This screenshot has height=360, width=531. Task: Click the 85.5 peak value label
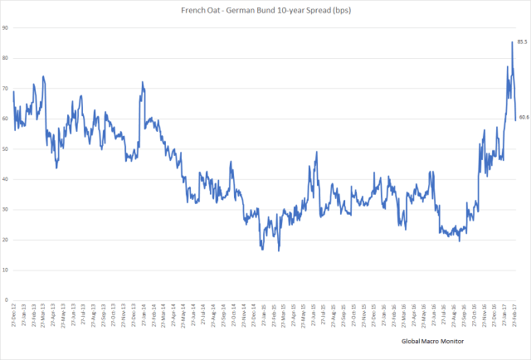[x=523, y=41]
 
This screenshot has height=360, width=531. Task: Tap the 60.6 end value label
[x=524, y=118]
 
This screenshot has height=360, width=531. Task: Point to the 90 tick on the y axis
[x=5, y=28]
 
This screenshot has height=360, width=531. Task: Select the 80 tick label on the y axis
[x=5, y=58]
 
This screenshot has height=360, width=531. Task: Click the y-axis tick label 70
[x=5, y=89]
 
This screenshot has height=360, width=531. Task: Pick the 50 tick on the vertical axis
[x=5, y=149]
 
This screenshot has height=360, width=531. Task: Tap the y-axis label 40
[x=5, y=179]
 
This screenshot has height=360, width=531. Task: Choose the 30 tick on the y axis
[x=5, y=210]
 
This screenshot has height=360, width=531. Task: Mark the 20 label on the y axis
[x=5, y=240]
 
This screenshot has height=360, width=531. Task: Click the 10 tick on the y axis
[x=5, y=270]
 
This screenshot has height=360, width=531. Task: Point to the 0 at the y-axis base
[x=7, y=300]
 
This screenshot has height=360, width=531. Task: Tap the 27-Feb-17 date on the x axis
[x=515, y=316]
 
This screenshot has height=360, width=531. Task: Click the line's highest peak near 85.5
[x=512, y=42]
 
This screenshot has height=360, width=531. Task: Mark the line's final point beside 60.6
[x=516, y=118]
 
